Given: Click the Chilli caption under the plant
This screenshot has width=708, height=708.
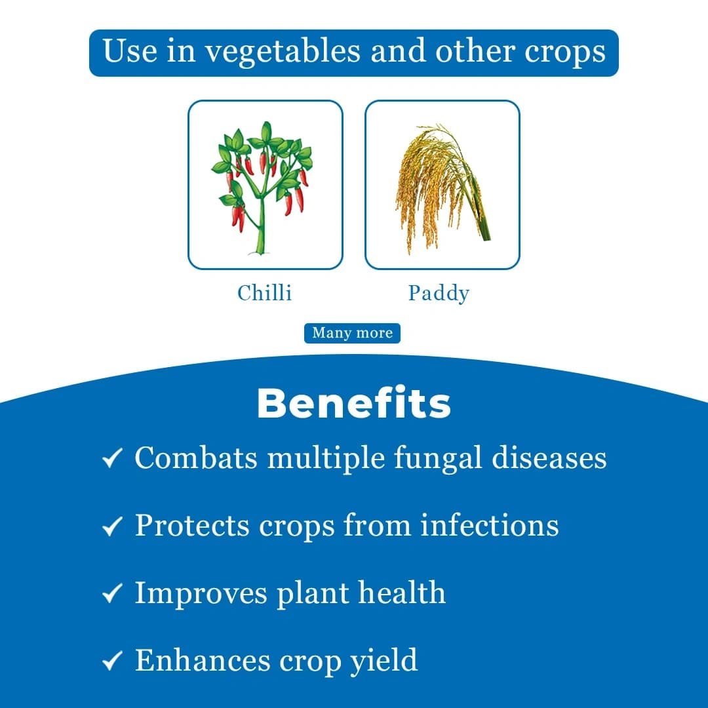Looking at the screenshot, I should click(265, 292).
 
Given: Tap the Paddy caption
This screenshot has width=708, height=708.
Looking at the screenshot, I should click(439, 293).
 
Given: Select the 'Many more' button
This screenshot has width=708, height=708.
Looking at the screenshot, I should click(352, 333).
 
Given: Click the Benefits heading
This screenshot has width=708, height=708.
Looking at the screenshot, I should click(354, 403).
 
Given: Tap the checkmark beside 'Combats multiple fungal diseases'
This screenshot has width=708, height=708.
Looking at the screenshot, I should click(113, 460).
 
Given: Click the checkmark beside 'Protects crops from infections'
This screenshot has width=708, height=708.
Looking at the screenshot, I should click(113, 526).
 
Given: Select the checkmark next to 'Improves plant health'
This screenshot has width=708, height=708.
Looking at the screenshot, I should click(113, 594).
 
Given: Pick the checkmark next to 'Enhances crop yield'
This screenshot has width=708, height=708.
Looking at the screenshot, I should click(113, 661).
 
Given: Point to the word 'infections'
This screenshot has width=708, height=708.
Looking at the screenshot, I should click(490, 525).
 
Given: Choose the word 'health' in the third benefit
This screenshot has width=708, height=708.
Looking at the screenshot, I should click(402, 593).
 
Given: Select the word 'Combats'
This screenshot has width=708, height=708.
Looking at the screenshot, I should click(196, 458).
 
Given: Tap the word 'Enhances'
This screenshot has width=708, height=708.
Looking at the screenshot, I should click(203, 659).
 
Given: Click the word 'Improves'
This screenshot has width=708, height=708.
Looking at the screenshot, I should click(201, 593).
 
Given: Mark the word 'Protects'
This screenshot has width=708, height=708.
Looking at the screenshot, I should click(192, 525).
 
